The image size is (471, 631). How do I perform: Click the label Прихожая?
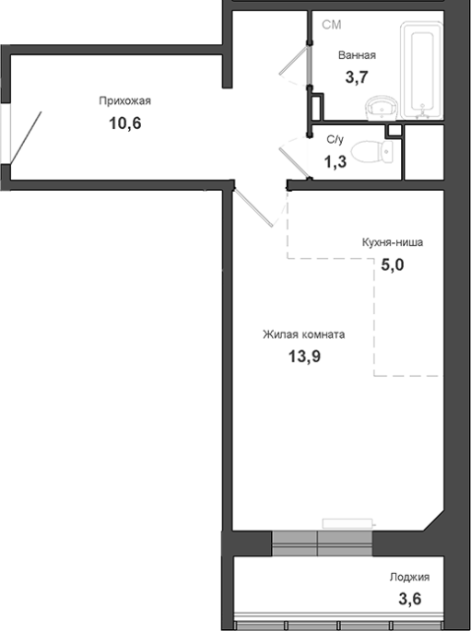click(124, 100)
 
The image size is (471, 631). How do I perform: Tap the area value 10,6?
click(125, 123)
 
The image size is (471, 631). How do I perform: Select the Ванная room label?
click(357, 55)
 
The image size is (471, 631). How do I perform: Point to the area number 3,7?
click(357, 76)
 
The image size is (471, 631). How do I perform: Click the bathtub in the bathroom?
click(421, 70)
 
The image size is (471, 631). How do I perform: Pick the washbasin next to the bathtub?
click(382, 108)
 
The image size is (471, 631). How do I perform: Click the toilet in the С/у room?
click(372, 151)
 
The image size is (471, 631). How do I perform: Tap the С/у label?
click(336, 140)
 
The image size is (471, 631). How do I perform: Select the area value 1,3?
click(336, 162)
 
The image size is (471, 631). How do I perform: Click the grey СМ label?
click(332, 25)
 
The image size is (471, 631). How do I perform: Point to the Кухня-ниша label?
click(393, 242)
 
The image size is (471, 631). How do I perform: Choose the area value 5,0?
click(393, 264)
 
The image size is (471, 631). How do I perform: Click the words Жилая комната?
click(304, 334)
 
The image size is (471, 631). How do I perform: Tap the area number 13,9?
click(304, 356)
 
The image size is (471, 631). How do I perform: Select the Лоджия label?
click(409, 577)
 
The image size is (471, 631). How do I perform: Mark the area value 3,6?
click(410, 599)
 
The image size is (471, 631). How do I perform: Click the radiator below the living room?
click(348, 523)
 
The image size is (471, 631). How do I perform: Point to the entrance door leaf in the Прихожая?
click(26, 137)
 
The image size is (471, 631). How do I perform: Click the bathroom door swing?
click(294, 65)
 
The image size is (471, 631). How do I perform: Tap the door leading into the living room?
click(253, 207)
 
